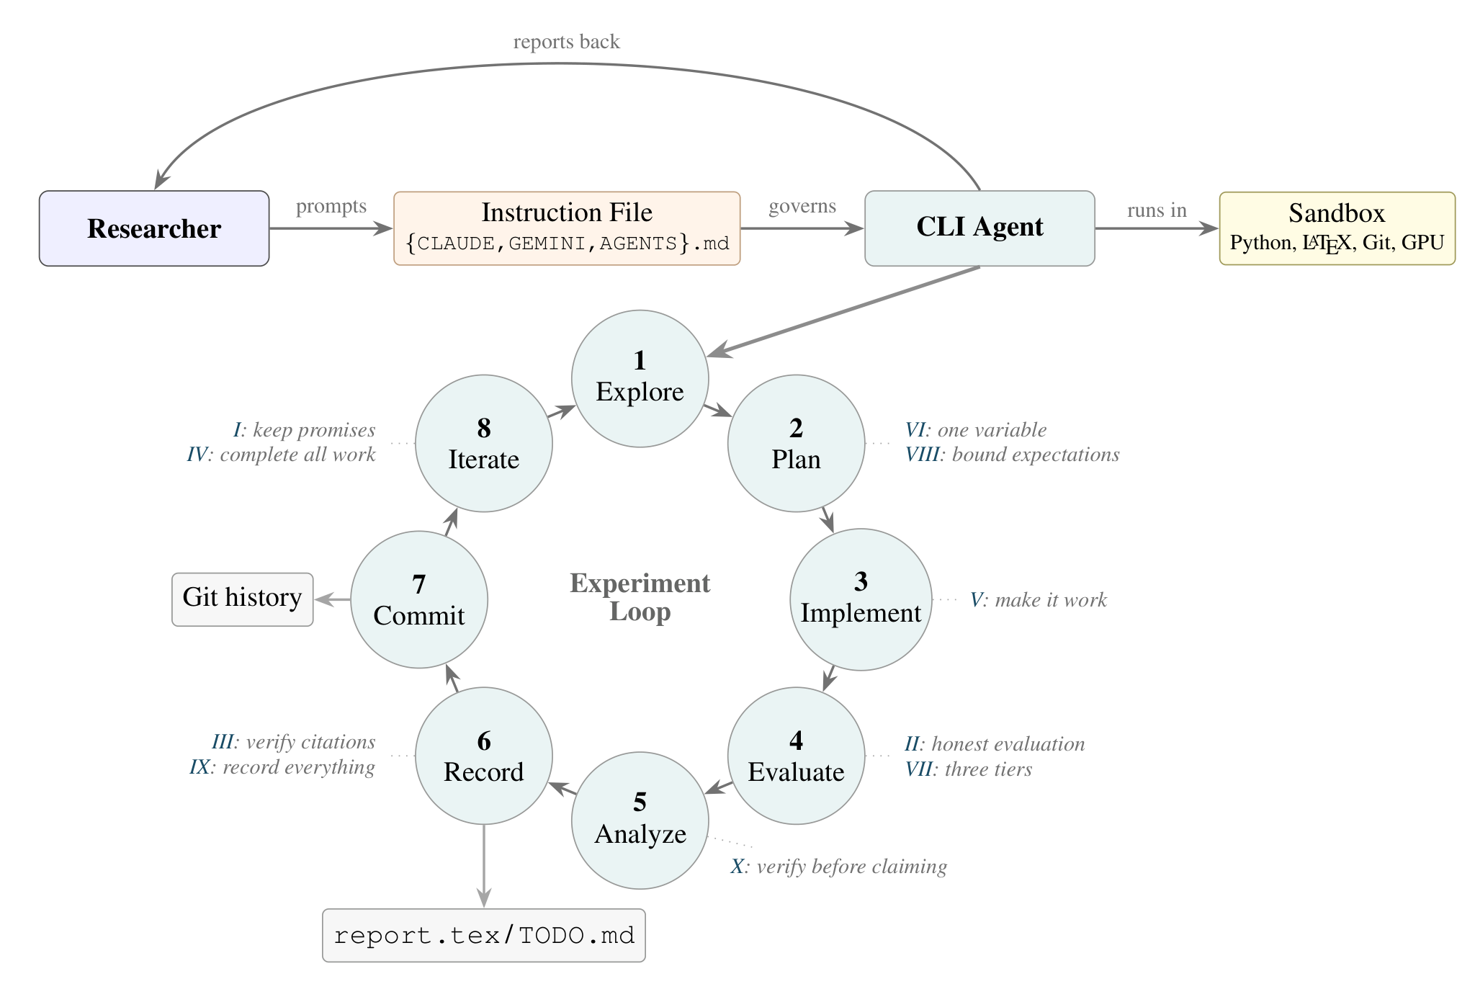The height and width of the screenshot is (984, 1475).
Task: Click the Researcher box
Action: [x=154, y=228]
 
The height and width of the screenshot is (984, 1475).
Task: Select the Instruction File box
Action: [x=567, y=228]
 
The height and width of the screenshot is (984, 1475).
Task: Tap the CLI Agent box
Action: [x=979, y=228]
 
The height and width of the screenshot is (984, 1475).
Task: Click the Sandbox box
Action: [x=1337, y=228]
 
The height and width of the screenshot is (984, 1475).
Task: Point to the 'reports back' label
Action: [x=566, y=42]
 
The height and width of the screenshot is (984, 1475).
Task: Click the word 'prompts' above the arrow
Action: [x=331, y=206]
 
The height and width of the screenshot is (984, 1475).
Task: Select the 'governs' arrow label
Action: [x=802, y=206]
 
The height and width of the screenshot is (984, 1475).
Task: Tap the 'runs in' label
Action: [x=1157, y=210]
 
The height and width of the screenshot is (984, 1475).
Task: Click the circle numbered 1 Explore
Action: [x=640, y=378]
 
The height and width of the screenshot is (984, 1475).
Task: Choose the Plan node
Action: [x=796, y=443]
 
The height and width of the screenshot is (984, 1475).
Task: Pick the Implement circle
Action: [x=861, y=599]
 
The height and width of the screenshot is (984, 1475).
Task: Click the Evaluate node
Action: [x=796, y=756]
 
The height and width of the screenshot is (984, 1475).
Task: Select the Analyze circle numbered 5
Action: [x=640, y=820]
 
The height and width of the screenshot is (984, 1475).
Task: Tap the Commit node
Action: [x=418, y=599]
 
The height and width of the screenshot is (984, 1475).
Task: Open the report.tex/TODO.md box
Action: [x=483, y=935]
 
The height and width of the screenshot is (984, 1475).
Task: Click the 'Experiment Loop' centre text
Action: [x=640, y=597]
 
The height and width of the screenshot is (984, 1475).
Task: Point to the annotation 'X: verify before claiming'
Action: [x=838, y=866]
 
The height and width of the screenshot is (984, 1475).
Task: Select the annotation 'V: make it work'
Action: [x=1038, y=599]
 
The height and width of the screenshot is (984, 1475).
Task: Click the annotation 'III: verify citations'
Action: [x=293, y=742]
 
